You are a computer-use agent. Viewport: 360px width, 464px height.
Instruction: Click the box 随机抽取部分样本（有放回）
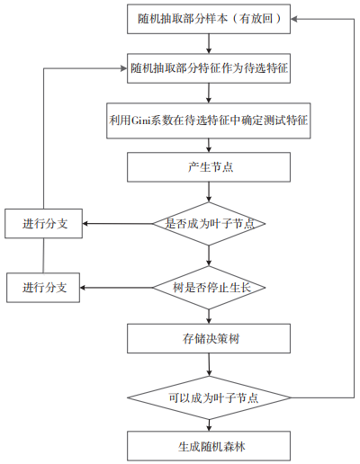209,19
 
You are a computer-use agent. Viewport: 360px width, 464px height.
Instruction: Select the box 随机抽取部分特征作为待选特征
209,68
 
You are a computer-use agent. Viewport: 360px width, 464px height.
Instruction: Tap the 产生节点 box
209,167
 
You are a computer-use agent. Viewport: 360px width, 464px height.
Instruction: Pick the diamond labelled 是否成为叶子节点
209,224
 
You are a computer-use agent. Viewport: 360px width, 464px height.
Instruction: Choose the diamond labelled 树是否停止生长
209,288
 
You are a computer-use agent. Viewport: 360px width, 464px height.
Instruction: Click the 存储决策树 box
209,338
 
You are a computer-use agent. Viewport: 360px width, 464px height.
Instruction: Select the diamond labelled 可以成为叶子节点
209,397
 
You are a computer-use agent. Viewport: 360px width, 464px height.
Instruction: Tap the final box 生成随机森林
209,446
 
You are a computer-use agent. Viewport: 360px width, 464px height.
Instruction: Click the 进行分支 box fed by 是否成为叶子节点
43,224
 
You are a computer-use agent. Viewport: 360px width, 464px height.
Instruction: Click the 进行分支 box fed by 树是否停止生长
43,288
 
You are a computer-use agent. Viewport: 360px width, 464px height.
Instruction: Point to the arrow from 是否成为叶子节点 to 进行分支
118,224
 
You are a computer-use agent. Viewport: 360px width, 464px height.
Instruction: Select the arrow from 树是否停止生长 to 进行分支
117,288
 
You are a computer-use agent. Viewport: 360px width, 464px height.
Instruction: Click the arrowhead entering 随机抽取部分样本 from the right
293,19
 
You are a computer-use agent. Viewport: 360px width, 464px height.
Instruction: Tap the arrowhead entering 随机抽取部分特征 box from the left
124,68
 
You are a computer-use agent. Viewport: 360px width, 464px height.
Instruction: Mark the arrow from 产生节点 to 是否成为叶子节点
209,192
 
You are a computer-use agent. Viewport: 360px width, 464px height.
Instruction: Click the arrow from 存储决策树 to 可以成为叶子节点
209,364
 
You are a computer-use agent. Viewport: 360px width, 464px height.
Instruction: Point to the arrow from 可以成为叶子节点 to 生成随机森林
209,425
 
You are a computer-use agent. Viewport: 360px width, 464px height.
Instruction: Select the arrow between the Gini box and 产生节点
209,146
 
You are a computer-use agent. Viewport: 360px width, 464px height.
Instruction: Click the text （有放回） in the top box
256,19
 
